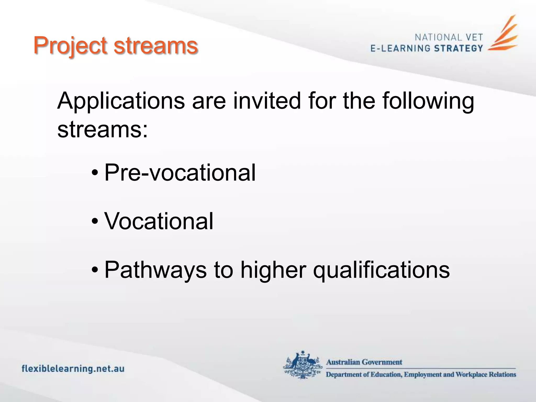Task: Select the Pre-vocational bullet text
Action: tap(180, 173)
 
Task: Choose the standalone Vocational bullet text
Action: tap(159, 221)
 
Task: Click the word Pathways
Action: tap(155, 270)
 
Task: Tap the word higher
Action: tap(273, 270)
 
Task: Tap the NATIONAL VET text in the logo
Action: tap(449, 37)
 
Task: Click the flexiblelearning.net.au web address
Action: tap(73, 369)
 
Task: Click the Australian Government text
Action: tap(364, 362)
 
